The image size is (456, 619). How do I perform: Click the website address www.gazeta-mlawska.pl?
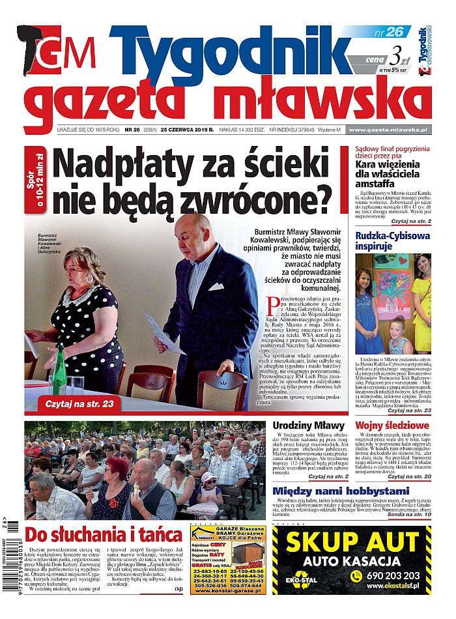point(390,130)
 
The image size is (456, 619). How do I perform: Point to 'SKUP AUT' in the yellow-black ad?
point(353,541)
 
